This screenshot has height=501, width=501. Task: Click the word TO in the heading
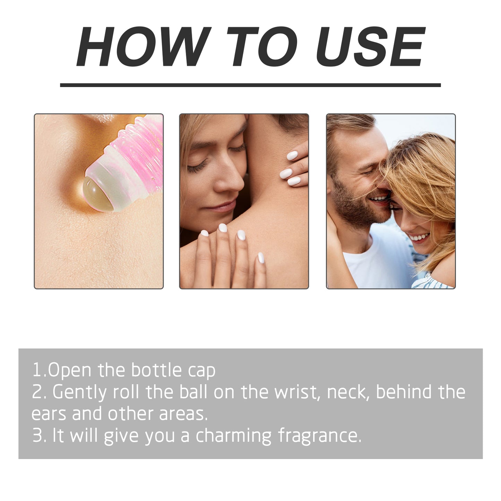(262, 47)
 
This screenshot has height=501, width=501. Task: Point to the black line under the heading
(250, 85)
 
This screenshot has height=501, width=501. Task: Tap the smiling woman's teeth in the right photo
(419, 238)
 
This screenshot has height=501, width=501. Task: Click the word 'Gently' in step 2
(79, 392)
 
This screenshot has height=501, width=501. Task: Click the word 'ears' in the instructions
(49, 414)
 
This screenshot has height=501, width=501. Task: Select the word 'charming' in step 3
(234, 436)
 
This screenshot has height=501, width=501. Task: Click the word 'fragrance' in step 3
(319, 436)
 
